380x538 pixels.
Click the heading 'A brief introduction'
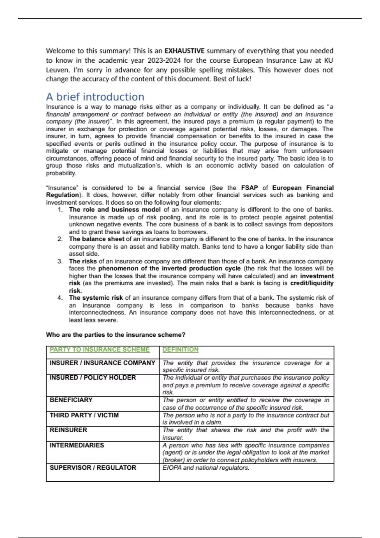point(95,97)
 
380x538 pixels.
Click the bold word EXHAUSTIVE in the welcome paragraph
point(184,51)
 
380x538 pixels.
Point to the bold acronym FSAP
point(249,188)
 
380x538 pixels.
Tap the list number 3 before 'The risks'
point(60,261)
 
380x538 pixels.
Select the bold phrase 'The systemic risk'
point(96,298)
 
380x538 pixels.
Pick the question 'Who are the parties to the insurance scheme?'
point(116,335)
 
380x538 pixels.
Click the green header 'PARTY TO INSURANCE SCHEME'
point(99,350)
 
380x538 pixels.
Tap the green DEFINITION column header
point(180,350)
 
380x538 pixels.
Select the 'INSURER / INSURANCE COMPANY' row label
point(102,363)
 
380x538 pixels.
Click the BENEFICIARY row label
point(71,400)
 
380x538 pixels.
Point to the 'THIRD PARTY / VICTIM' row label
point(84,415)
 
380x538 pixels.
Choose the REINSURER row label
point(68,430)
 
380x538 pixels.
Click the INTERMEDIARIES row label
point(77,445)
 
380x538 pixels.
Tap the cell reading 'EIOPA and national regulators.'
point(206,468)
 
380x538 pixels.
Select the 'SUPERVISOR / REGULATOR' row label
point(93,468)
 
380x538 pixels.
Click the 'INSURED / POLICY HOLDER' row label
point(92,378)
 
